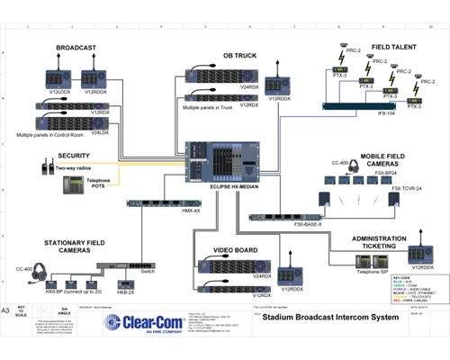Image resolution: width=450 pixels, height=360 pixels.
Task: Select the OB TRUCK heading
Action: coord(241,56)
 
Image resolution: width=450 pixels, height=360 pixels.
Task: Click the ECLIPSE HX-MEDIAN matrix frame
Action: coord(217,162)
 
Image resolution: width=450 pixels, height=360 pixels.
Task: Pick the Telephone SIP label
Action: coord(348,269)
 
